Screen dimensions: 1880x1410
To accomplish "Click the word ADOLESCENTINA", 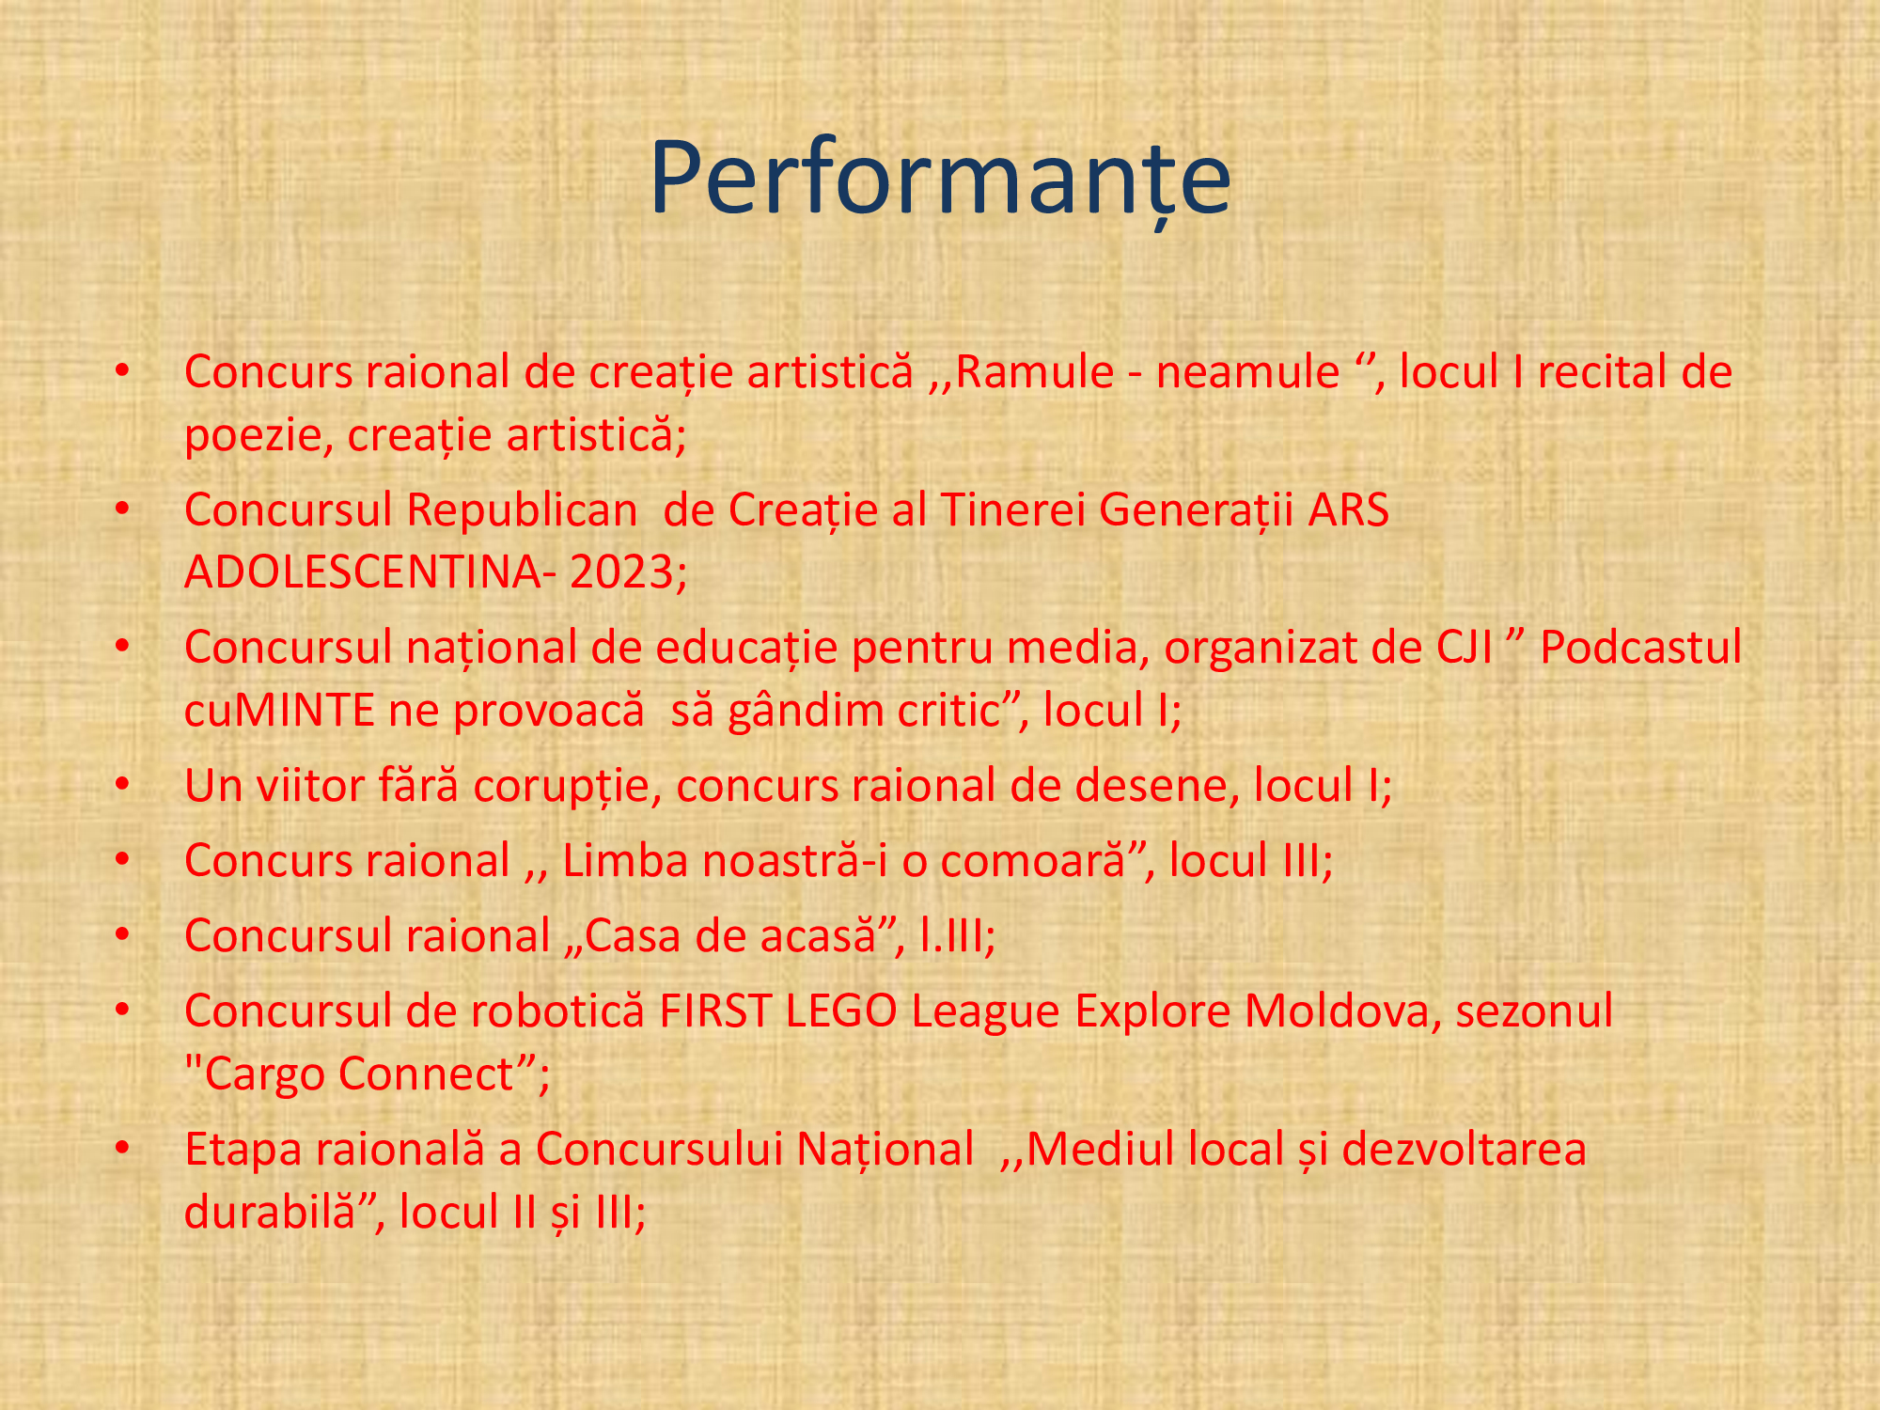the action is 363,572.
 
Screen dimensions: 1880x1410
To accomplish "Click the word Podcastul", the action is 1641,648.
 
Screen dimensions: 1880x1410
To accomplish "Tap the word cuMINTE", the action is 280,710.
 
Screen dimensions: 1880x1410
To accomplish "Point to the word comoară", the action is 1032,861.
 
